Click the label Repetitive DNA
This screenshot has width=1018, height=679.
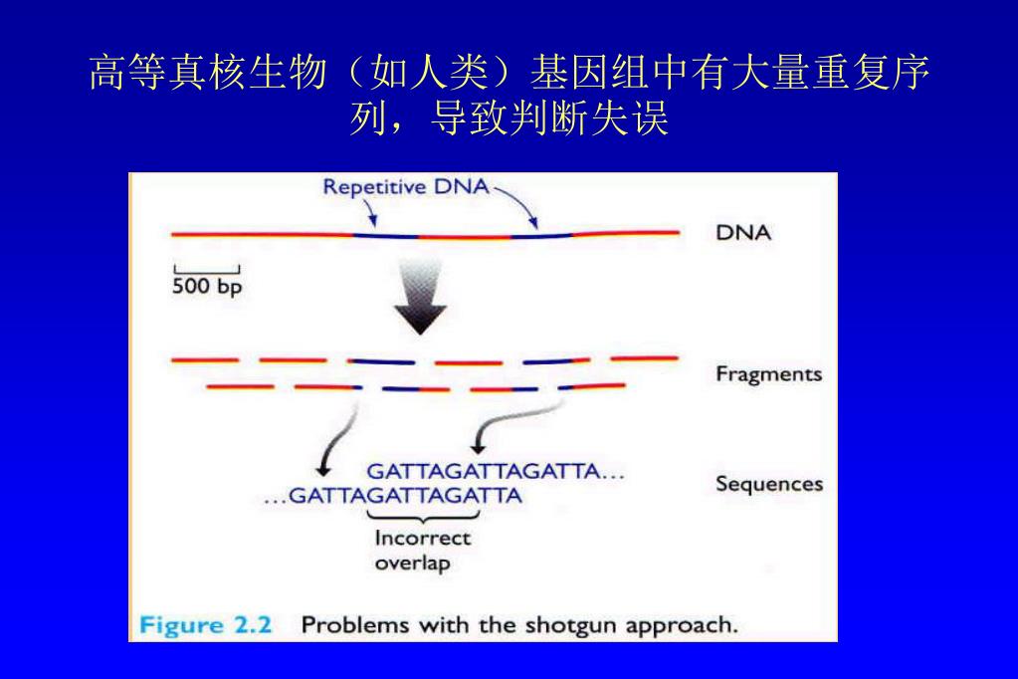click(x=406, y=187)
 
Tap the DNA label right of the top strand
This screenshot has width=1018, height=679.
click(x=743, y=234)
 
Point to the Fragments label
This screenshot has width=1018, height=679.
click(x=768, y=374)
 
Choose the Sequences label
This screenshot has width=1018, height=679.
click(x=769, y=485)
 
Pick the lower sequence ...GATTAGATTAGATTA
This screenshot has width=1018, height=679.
click(x=392, y=495)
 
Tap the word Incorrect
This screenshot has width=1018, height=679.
click(x=422, y=539)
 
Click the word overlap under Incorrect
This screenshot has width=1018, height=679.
click(x=412, y=563)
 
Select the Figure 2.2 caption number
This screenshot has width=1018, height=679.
click(x=211, y=626)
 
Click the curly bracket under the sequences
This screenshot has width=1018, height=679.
click(x=423, y=515)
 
